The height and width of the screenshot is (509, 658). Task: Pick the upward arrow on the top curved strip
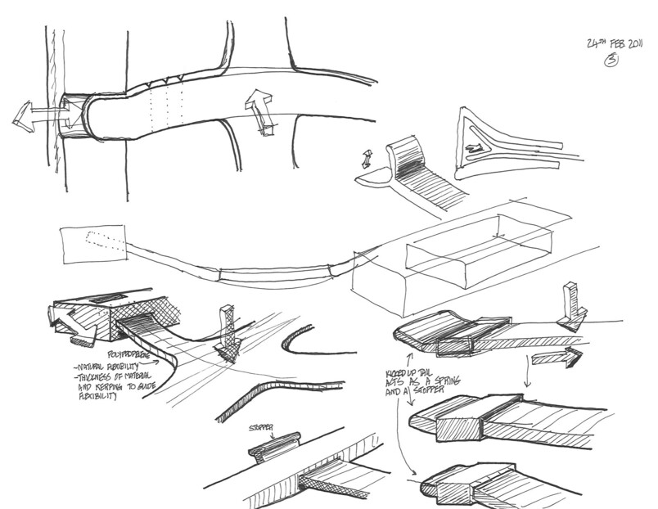[x=264, y=110]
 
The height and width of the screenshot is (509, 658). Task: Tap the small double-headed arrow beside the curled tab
[x=367, y=156]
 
